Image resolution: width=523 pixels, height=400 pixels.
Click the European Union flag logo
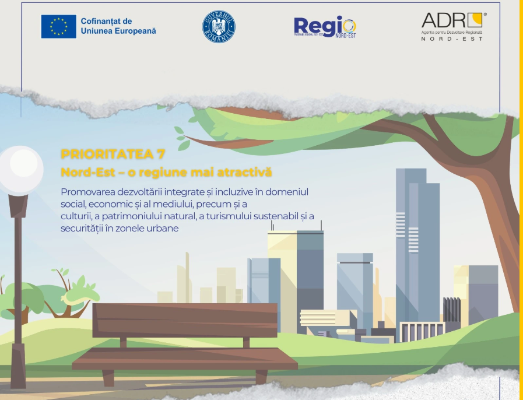(58, 26)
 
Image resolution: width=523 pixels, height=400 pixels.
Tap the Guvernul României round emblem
(219, 27)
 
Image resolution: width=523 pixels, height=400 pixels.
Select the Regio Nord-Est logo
(325, 27)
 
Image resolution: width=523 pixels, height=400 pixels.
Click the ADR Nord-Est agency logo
(452, 27)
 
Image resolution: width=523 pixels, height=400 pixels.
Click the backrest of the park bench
(185, 320)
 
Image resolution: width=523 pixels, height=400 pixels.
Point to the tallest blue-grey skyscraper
(417, 245)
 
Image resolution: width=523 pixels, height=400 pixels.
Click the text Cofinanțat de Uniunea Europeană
(118, 26)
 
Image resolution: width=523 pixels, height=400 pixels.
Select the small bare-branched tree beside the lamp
(61, 292)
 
